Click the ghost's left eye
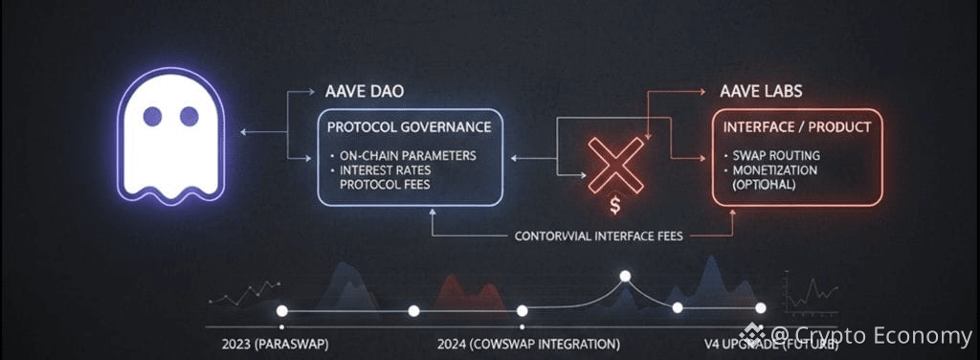[x=152, y=117]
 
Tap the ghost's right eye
[x=189, y=117]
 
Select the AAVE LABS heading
[x=761, y=93]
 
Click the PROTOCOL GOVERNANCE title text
[x=410, y=126]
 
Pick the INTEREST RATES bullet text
[x=394, y=169]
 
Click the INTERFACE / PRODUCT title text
[x=797, y=126]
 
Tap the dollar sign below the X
[x=615, y=206]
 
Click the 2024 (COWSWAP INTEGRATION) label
[x=527, y=343]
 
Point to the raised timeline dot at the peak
[x=625, y=277]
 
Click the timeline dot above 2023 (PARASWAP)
[x=281, y=311]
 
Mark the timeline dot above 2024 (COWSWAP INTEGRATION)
[x=523, y=311]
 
